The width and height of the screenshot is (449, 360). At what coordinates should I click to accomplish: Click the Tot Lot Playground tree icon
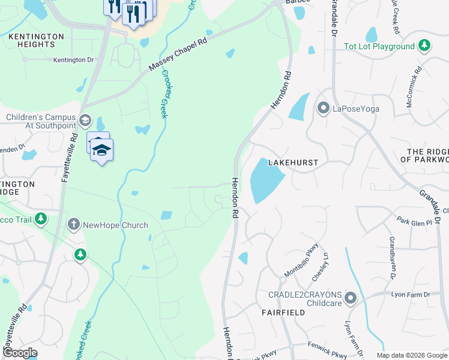pos(424,46)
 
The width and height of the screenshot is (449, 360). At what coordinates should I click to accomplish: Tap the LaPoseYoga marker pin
pos(324,109)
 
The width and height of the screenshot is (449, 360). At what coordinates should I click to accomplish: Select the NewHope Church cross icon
pos(73,224)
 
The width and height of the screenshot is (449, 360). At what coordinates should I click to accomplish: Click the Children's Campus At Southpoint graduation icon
pos(85,121)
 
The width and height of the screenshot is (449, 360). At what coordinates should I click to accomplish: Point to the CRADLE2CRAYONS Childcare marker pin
pos(351,298)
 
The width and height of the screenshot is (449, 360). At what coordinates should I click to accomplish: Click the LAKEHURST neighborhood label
pos(293,163)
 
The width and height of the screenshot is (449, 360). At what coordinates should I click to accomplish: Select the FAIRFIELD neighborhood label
pos(280,313)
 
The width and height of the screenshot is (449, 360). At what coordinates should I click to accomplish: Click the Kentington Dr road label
pos(73,60)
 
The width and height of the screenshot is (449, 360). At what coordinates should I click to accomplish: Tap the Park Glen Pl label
pos(414,222)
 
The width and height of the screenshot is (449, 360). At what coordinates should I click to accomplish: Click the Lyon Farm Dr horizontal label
pos(411,295)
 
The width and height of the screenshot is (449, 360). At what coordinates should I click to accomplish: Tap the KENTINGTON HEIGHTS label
pos(36,41)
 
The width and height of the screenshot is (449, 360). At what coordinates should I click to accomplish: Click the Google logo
pos(19,353)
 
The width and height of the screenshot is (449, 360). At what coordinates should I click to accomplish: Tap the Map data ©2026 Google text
pos(411,355)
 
